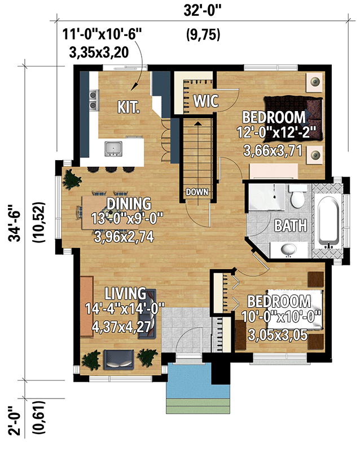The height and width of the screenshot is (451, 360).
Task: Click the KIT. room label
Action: (129, 107)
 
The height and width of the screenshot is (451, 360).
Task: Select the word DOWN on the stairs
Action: (197, 192)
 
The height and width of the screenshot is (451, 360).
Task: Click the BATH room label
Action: (291, 225)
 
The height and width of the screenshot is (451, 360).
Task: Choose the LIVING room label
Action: (125, 293)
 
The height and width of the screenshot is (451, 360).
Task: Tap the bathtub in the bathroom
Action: (329, 222)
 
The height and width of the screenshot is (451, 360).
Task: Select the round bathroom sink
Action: (289, 249)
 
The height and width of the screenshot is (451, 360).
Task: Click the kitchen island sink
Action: (113, 148)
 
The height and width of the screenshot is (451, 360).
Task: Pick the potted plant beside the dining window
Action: (72, 180)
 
